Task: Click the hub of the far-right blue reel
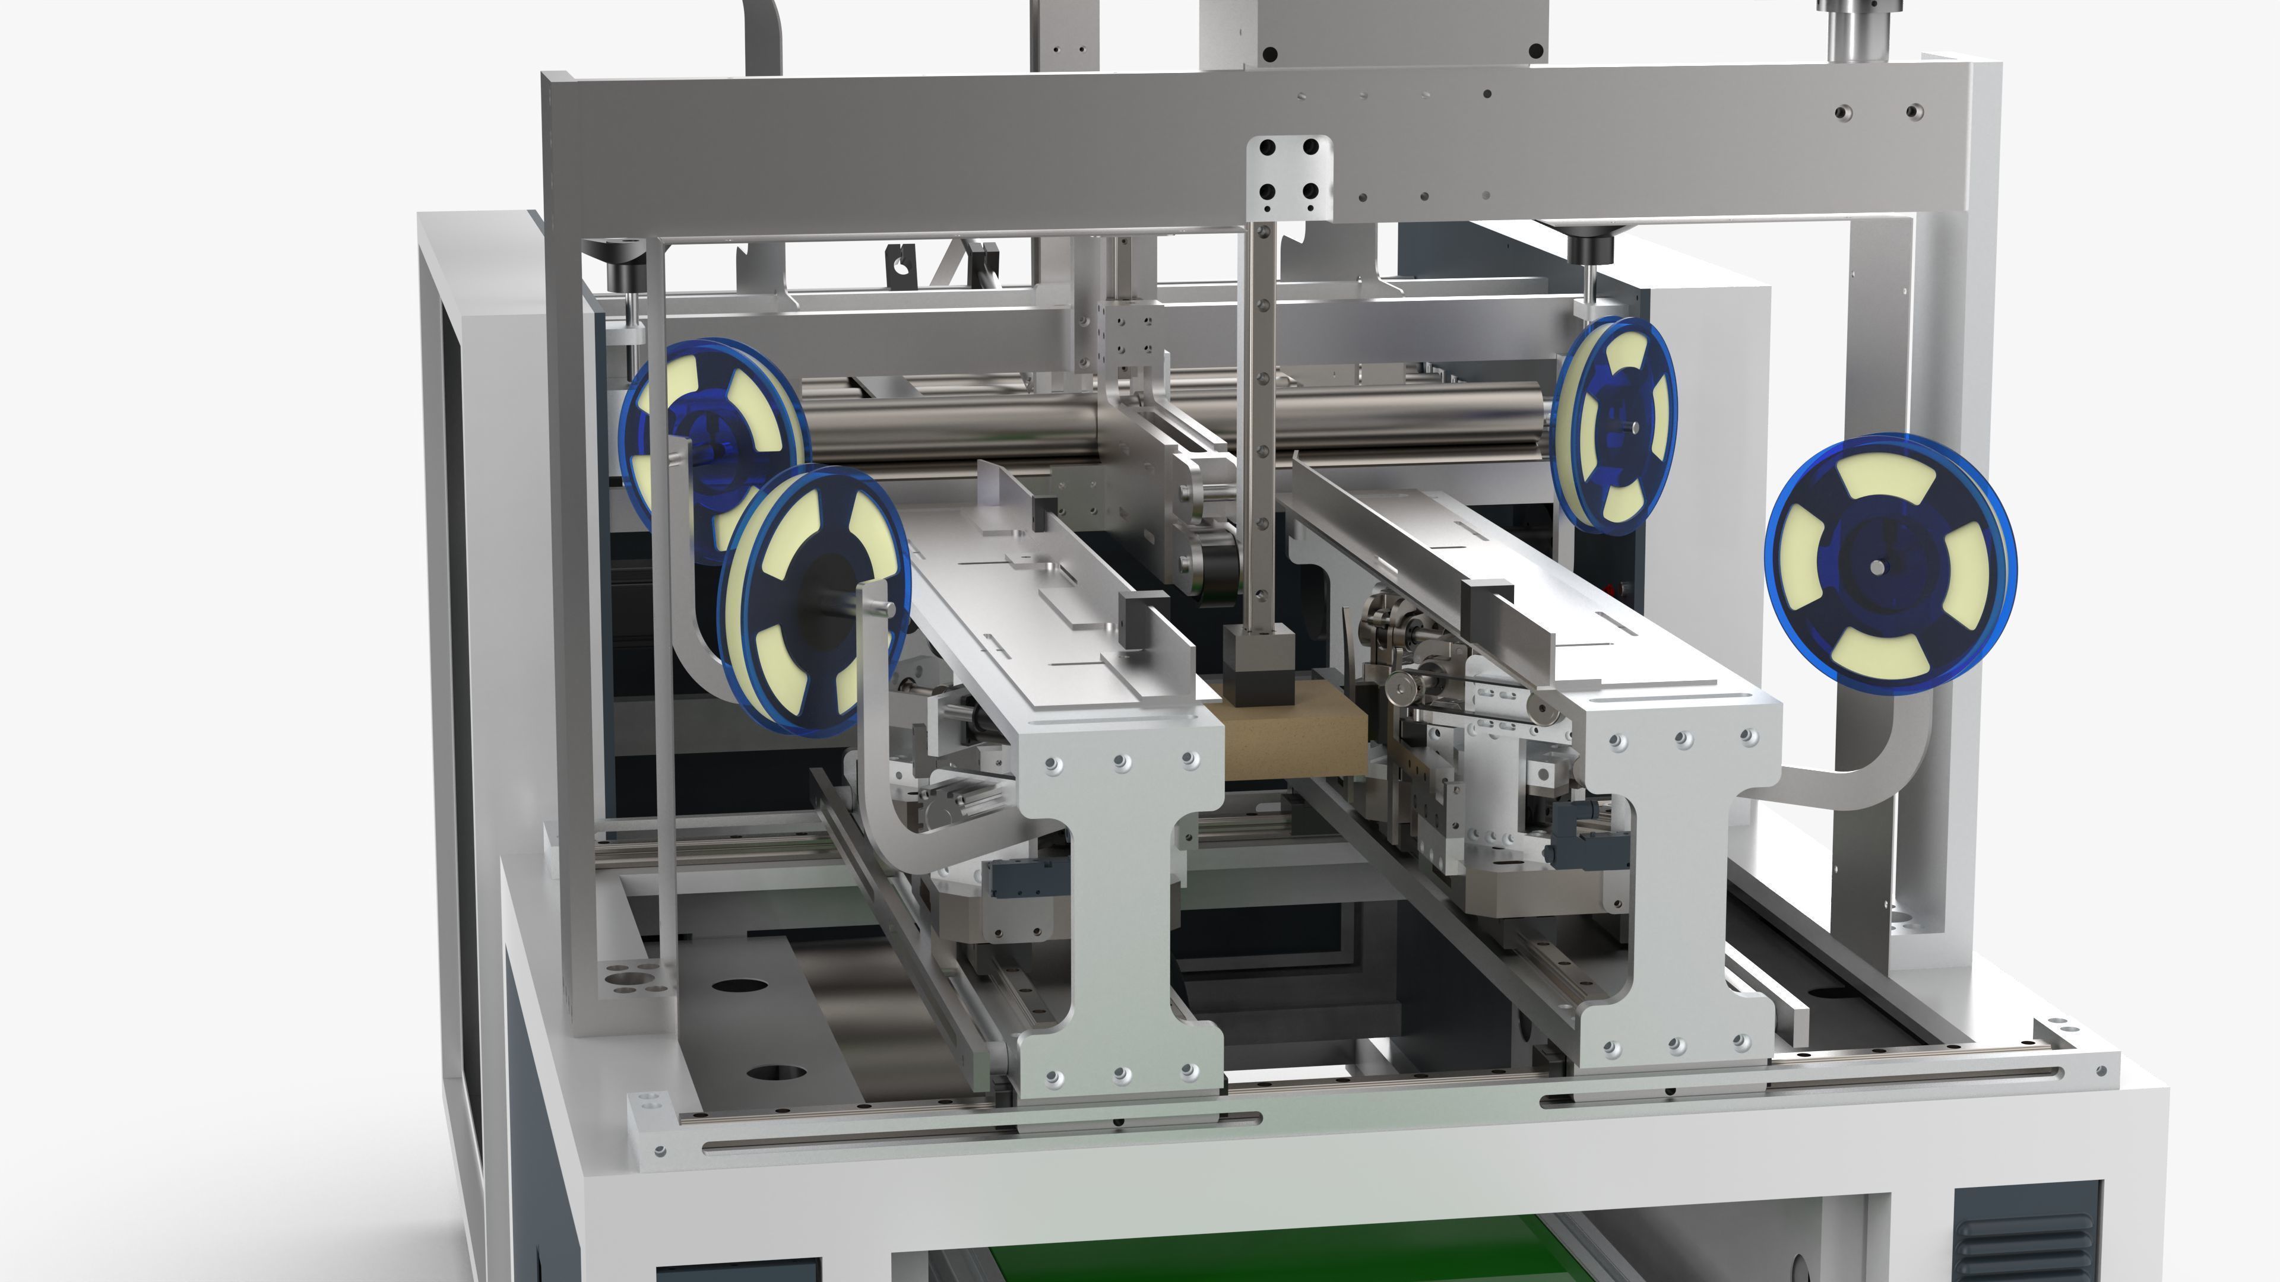click(x=1878, y=566)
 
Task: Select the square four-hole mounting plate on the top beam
click(x=1288, y=177)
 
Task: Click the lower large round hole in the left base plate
click(x=776, y=1073)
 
